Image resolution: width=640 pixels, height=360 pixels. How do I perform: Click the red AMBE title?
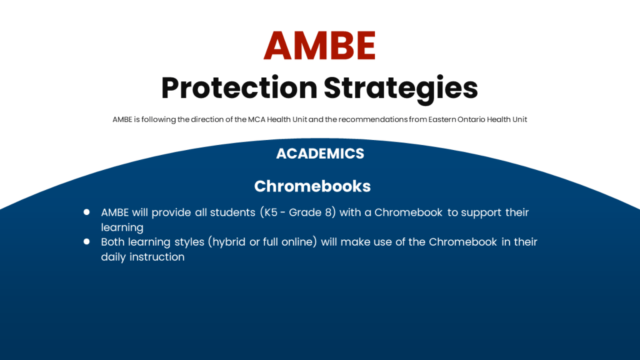(x=319, y=45)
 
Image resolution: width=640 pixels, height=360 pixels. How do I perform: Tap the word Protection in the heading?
(x=239, y=87)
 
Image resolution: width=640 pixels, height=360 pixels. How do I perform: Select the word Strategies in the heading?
(x=401, y=89)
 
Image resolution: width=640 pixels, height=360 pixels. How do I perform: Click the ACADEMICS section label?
(x=320, y=154)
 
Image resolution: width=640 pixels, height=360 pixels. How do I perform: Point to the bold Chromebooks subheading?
(x=312, y=186)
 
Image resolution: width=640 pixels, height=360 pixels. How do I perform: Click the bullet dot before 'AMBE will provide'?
(x=86, y=212)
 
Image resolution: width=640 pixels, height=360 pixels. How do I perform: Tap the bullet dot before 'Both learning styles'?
(x=86, y=241)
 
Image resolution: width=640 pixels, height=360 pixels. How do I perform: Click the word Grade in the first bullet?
(x=305, y=212)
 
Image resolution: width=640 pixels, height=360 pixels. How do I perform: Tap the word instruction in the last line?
(x=157, y=257)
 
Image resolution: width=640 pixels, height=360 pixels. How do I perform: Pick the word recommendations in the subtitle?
(x=372, y=119)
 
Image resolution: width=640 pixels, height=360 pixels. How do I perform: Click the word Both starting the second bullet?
(x=113, y=242)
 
